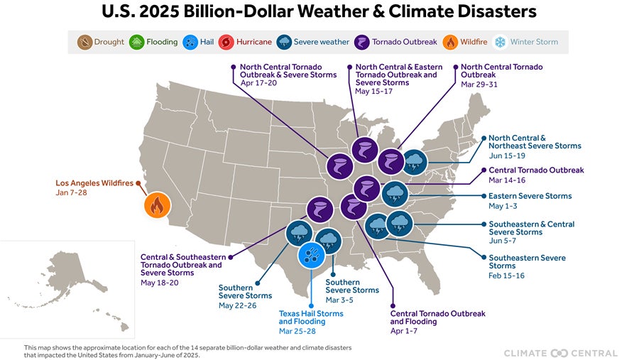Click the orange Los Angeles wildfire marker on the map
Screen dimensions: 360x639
tap(156, 206)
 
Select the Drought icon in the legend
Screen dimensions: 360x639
tap(85, 42)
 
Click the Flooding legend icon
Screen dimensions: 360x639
tap(137, 42)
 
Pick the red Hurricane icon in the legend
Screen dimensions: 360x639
tap(226, 42)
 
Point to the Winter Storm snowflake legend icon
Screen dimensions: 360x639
tap(501, 42)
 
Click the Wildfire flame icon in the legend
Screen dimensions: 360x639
tap(451, 42)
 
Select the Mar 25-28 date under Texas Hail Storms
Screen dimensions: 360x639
tap(298, 331)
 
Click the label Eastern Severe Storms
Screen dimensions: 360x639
tap(530, 196)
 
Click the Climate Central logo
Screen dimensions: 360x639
tap(560, 353)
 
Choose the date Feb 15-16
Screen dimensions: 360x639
tap(506, 276)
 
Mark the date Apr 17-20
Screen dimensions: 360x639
tap(259, 83)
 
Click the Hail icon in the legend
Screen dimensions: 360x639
tap(190, 42)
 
